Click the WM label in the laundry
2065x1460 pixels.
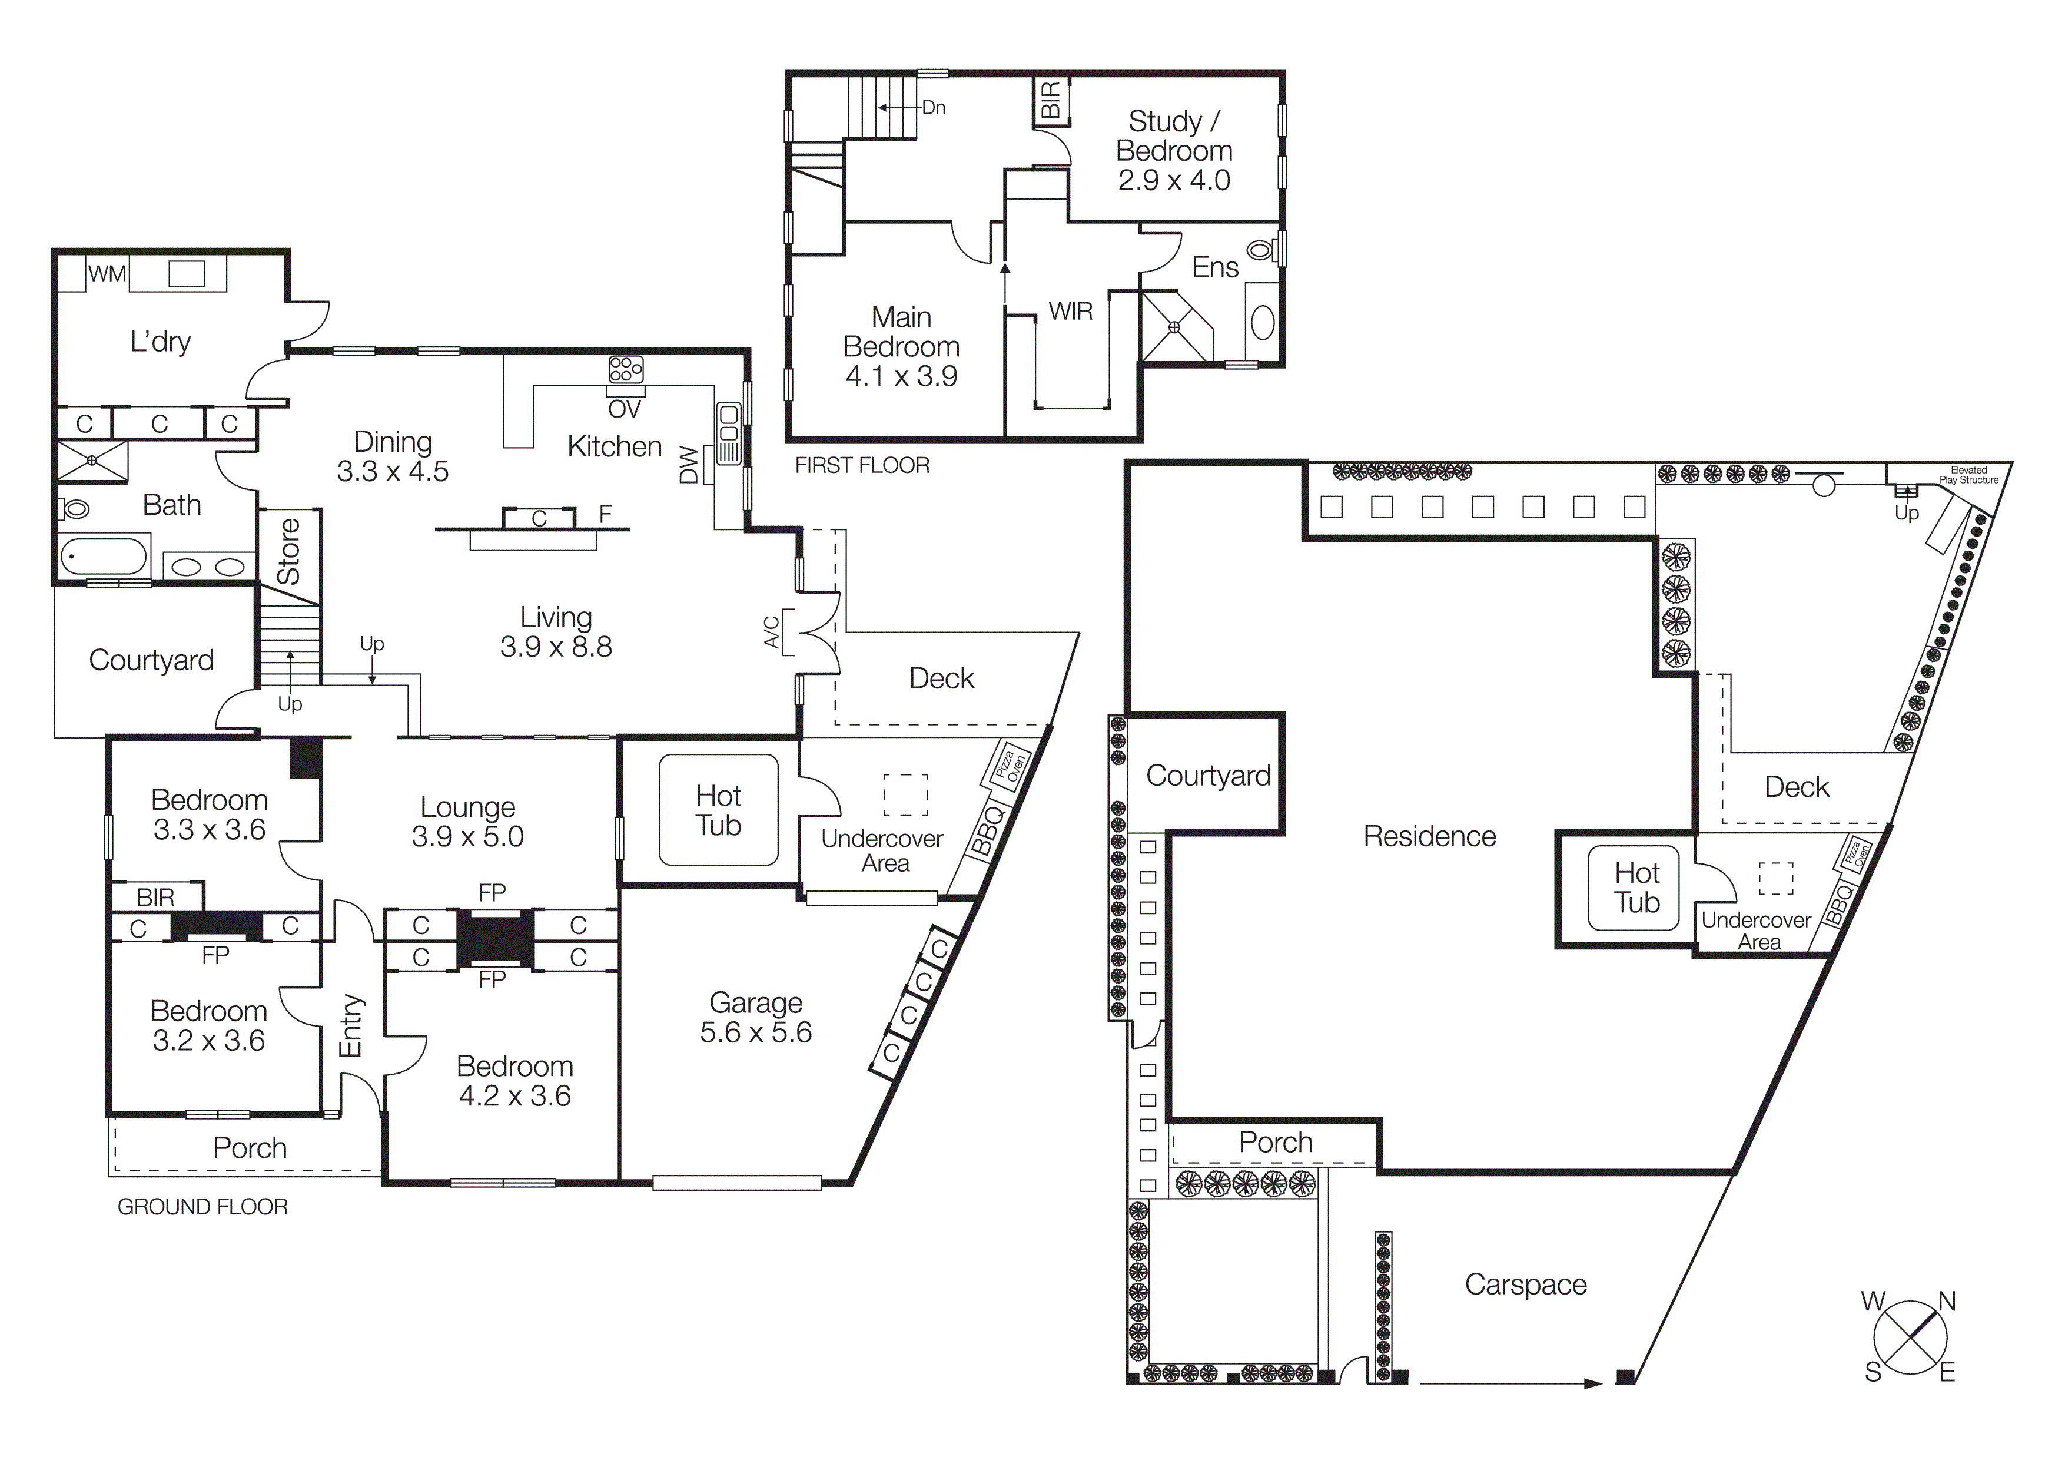(107, 273)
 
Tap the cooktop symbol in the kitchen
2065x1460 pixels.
(626, 370)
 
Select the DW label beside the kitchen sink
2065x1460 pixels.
(689, 465)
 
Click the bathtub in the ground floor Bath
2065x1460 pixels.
(104, 556)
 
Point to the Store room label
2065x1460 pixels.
(288, 551)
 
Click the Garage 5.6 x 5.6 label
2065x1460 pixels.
(755, 1018)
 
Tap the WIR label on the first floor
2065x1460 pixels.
(1070, 311)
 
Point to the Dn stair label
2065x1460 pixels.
(934, 108)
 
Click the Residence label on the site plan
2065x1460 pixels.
(1429, 836)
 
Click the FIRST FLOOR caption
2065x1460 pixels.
(862, 465)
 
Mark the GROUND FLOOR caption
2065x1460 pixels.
(202, 1206)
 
